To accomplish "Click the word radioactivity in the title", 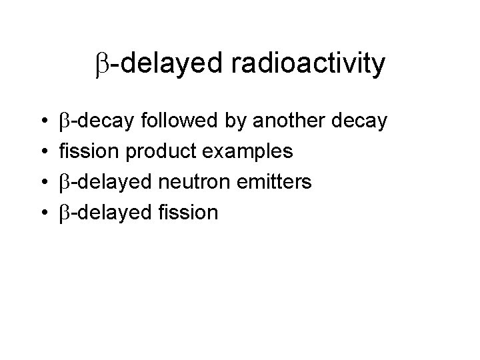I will pos(310,64).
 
